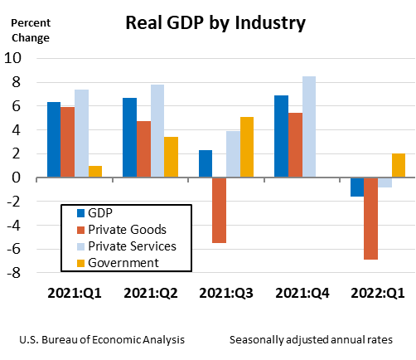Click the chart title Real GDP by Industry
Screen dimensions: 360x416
point(215,22)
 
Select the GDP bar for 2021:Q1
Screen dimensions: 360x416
point(54,139)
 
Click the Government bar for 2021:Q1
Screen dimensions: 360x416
point(96,171)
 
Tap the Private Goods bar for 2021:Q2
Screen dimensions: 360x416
point(144,149)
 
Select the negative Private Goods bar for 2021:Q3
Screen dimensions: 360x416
point(220,210)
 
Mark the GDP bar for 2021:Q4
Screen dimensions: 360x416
point(281,136)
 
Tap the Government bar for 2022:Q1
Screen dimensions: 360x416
point(399,165)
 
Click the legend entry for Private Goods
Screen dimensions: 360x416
point(124,229)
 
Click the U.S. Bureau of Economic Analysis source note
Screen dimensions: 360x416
point(101,340)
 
